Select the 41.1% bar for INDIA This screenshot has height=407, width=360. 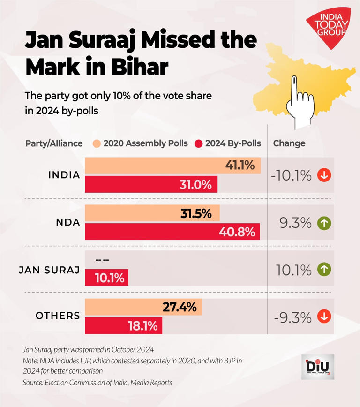(172, 166)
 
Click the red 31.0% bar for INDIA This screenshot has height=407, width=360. (151, 184)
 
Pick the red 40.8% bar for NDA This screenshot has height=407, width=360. (172, 231)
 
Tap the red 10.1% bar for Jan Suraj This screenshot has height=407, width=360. (106, 278)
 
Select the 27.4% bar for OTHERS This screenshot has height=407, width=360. (143, 308)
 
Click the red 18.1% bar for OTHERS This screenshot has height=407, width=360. (123, 326)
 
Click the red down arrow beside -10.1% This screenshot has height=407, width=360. (324, 175)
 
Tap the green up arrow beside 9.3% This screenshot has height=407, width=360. (324, 223)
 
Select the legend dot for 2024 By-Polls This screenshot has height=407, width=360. (199, 143)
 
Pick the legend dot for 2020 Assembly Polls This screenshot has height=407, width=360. (97, 143)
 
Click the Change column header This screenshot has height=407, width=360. (289, 143)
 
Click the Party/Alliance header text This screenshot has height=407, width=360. (54, 143)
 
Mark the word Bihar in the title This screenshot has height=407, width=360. (139, 68)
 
